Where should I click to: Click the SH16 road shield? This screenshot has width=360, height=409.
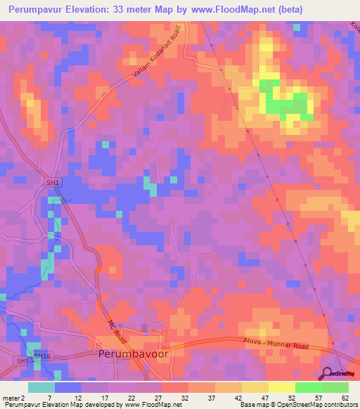tap(42, 356)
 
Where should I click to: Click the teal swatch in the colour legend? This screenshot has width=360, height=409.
tap(41, 387)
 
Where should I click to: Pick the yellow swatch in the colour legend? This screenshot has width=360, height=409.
tap(281, 387)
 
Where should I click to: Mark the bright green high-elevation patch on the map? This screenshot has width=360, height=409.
tap(288, 104)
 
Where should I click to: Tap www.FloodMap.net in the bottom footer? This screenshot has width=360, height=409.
tap(149, 405)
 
